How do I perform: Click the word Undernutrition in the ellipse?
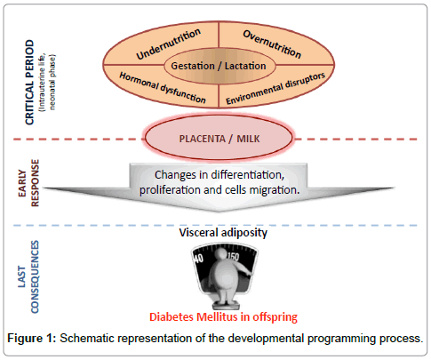pyautogui.click(x=168, y=44)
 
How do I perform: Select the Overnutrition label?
pyautogui.click(x=272, y=44)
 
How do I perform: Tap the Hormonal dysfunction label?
pyautogui.click(x=163, y=88)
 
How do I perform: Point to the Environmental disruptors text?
pyautogui.click(x=275, y=88)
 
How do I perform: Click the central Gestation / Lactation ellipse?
pyautogui.click(x=219, y=66)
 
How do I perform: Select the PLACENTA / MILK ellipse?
pyautogui.click(x=219, y=139)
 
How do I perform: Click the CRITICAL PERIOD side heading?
pyautogui.click(x=29, y=82)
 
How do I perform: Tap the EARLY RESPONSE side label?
pyautogui.click(x=28, y=183)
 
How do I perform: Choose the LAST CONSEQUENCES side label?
pyautogui.click(x=28, y=276)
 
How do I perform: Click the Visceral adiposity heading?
pyautogui.click(x=223, y=233)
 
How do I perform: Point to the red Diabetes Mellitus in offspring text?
pyautogui.click(x=223, y=317)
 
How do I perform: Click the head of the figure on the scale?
pyautogui.click(x=220, y=254)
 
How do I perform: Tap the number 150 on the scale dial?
pyautogui.click(x=233, y=257)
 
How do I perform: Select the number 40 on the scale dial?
pyautogui.click(x=198, y=259)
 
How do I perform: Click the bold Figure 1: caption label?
pyautogui.click(x=32, y=338)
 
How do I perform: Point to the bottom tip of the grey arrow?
pyautogui.click(x=219, y=212)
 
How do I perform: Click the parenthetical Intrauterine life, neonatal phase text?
pyautogui.click(x=47, y=82)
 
